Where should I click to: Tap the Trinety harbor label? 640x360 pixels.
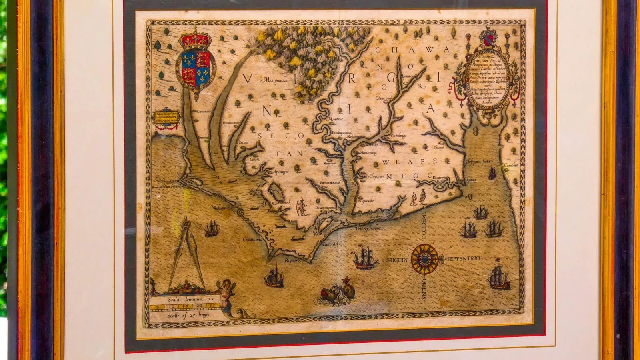tap(368, 228)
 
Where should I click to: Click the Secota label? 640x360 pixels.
tap(244, 143)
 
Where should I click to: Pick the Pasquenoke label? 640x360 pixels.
tap(366, 201)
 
